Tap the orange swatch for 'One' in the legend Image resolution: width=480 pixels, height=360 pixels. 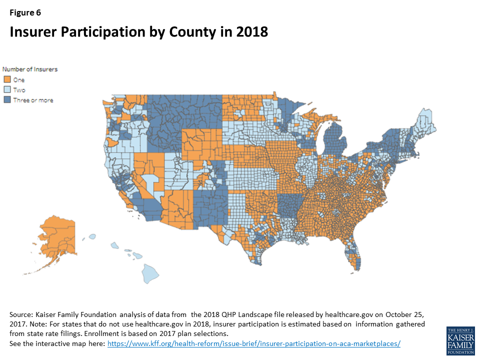point(7,80)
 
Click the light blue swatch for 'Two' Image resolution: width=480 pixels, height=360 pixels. point(7,90)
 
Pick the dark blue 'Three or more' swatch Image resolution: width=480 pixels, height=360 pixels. point(7,100)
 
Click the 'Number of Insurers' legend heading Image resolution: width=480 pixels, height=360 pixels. point(30,69)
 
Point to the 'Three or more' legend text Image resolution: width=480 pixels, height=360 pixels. point(33,100)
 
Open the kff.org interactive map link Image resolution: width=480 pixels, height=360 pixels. point(254,344)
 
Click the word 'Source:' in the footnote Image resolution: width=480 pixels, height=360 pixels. point(21,314)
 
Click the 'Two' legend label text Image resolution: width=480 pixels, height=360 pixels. point(19,90)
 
